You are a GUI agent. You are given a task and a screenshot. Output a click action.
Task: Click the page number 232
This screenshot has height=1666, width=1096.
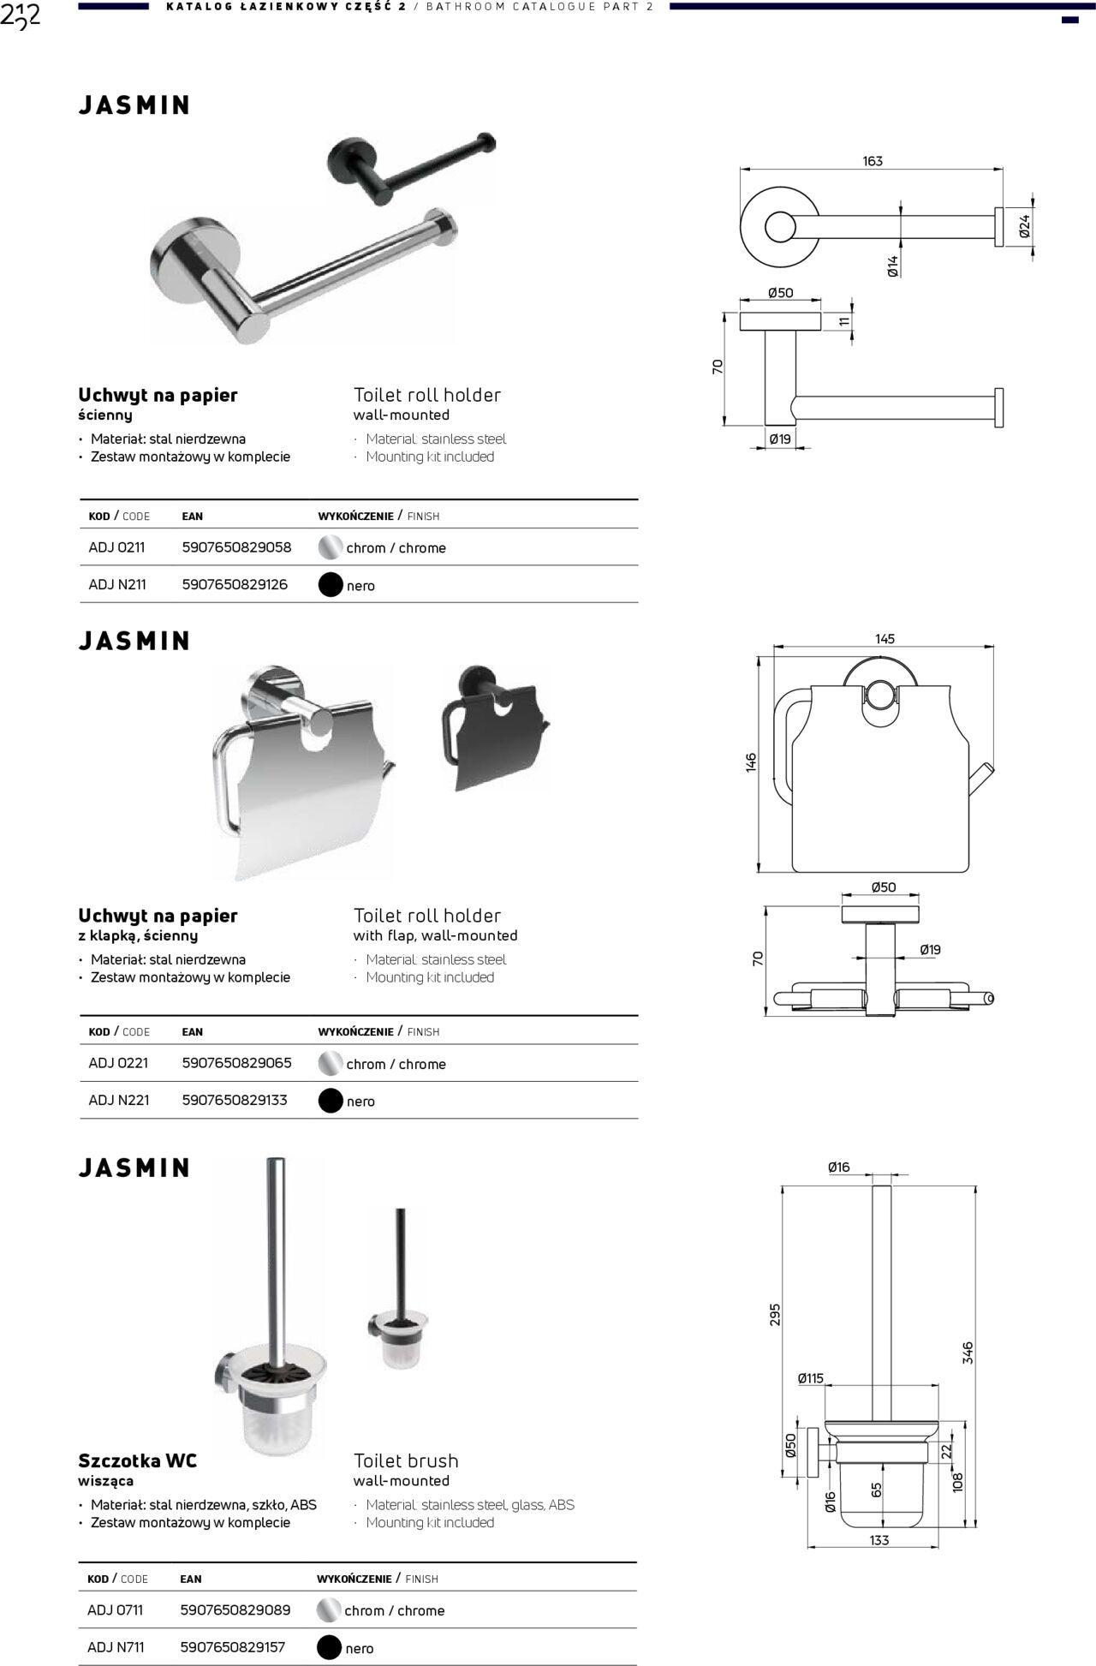tap(21, 16)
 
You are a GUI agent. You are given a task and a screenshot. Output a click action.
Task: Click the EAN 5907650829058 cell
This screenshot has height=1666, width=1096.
tap(236, 547)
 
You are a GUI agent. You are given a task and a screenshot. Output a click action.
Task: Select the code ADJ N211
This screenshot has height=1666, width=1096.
tap(117, 585)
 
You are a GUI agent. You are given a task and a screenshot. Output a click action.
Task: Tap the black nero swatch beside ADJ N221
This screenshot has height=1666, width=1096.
tap(331, 1101)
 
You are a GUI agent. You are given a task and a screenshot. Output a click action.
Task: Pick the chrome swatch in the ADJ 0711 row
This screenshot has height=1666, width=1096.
tap(329, 1610)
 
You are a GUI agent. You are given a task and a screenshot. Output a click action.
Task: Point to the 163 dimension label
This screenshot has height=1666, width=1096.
tap(873, 161)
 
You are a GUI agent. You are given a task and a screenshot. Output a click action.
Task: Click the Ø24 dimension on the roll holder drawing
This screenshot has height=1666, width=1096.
tap(1025, 226)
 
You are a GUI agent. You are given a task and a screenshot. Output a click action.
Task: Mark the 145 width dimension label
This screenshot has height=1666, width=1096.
tap(885, 639)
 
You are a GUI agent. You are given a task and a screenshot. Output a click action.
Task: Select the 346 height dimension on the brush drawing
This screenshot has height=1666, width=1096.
tap(968, 1353)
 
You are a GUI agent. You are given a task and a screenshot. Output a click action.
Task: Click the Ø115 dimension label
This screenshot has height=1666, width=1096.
tap(810, 1378)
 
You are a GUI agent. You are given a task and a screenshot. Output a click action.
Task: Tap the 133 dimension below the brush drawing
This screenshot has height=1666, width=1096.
tap(879, 1540)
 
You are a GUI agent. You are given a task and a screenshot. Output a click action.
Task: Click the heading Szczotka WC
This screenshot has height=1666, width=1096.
tap(137, 1460)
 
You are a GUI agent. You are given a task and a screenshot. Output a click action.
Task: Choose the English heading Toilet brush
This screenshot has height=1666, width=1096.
tap(406, 1460)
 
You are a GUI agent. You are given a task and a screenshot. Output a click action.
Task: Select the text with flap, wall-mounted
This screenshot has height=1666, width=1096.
tap(435, 935)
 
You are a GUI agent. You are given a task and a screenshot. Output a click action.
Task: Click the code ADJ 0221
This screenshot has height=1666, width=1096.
tap(118, 1063)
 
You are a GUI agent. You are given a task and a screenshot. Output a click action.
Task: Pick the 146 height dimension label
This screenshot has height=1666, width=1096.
tap(751, 762)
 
